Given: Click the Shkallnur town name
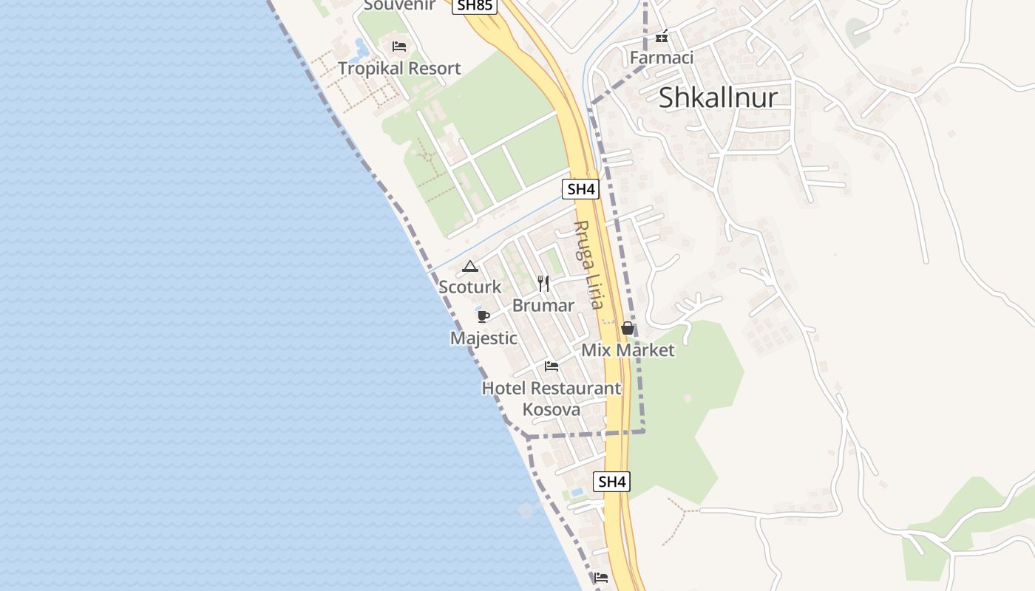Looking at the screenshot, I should click(x=718, y=98).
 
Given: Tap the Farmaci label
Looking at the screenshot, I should click(x=661, y=57).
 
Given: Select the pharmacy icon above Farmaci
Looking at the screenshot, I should click(x=662, y=35).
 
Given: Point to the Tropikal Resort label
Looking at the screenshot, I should click(x=399, y=69).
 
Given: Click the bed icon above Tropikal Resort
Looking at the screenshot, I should click(x=399, y=47).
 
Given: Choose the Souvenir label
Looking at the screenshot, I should click(x=399, y=6).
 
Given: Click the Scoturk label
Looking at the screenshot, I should click(x=470, y=287).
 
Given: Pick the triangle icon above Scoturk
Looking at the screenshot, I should click(x=470, y=266).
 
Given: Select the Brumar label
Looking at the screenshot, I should click(x=543, y=306).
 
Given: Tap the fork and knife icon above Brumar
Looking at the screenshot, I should click(x=543, y=284).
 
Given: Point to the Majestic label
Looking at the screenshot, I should click(x=483, y=338).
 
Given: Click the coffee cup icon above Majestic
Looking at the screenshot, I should click(x=483, y=316).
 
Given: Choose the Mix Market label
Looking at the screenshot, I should click(x=628, y=350).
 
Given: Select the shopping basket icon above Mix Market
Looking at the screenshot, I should click(x=628, y=328).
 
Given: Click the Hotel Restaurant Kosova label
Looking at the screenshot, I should click(x=552, y=398).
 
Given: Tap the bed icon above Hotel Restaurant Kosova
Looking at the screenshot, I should click(x=551, y=366).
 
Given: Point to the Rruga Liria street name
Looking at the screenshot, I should click(x=589, y=264).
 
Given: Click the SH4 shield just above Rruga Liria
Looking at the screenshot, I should click(x=580, y=189).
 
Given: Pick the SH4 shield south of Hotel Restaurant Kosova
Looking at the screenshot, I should click(x=612, y=482).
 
